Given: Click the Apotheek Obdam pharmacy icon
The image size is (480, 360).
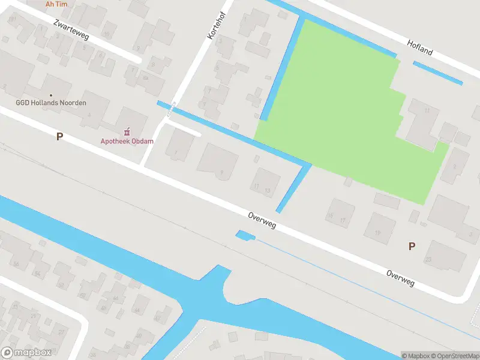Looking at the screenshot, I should point(127,131).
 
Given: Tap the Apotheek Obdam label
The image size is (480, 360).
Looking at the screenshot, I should point(127,142).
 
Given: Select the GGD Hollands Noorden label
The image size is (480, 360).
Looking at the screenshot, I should point(51,103).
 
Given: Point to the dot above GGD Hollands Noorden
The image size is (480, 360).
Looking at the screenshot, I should point(51,95).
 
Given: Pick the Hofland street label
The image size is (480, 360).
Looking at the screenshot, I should point(419,47).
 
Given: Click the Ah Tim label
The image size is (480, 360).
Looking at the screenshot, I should point(56,4).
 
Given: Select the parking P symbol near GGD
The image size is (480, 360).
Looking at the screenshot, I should point(59,137).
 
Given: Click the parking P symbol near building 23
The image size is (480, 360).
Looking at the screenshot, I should point(412,246).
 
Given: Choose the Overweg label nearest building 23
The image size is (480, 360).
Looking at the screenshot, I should point(400,277).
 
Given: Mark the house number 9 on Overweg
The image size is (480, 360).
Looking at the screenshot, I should point(219,161).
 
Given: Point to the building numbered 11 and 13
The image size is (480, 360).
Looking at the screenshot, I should point(265,183).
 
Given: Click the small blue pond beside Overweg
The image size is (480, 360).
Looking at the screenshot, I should point(245,236).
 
